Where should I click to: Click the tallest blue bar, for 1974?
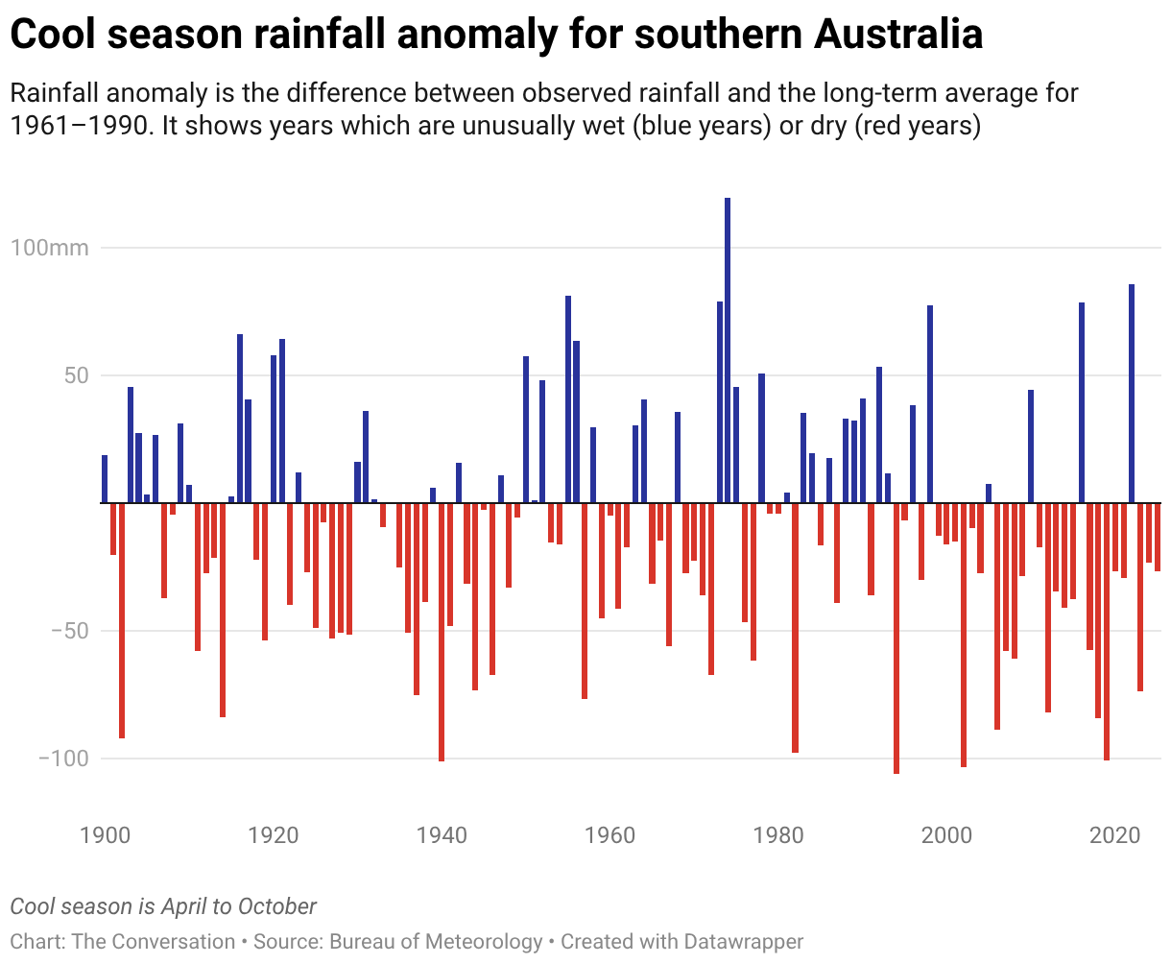tap(728, 350)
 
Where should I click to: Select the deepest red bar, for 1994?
tap(896, 638)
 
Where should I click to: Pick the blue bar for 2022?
tap(1132, 394)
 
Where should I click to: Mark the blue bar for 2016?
tap(1082, 402)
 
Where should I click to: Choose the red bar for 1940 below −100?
tap(442, 632)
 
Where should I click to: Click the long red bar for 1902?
tap(122, 620)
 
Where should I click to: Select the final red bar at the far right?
tap(1158, 537)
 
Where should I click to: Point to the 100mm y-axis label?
tap(50, 248)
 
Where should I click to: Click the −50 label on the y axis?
tap(63, 631)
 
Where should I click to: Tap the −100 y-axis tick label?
tap(63, 759)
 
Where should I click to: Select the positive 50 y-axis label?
tap(77, 375)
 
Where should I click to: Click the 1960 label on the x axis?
tap(610, 834)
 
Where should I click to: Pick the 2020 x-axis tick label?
tap(1115, 834)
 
